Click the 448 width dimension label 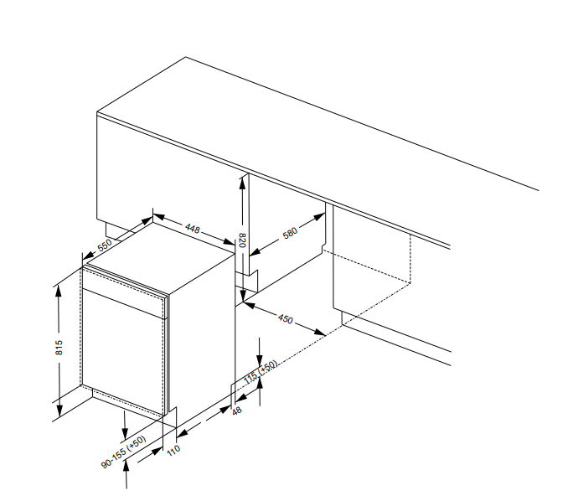pos(193,229)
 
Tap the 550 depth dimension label pos(105,245)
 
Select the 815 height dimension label pos(59,348)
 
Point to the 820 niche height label pos(242,240)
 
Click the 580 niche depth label pos(290,233)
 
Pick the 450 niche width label pos(286,319)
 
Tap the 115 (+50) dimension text pos(261,372)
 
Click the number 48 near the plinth pos(237,411)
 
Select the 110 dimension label pos(173,450)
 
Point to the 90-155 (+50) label pos(123,452)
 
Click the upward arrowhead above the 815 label pos(59,291)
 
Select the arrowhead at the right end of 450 pos(320,333)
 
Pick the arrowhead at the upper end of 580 pos(319,217)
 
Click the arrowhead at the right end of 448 pos(230,242)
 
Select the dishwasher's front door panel pos(123,351)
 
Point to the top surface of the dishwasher pos(161,258)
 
